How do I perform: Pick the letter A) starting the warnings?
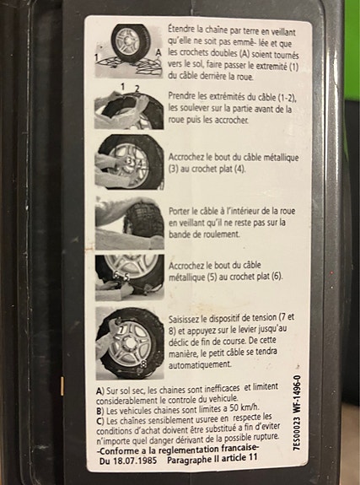100,391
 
